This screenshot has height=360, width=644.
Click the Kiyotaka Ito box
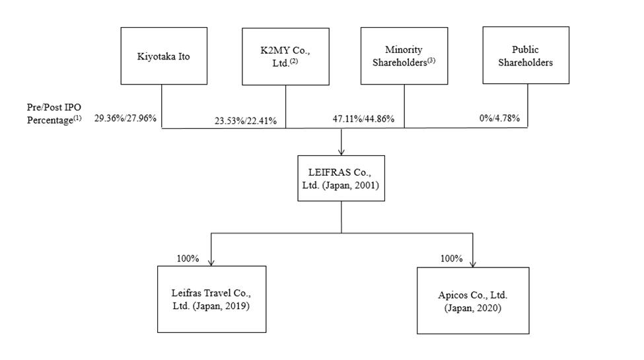tap(164, 56)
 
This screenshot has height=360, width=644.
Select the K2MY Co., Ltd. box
tap(285, 57)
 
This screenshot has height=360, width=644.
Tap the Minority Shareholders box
tap(404, 56)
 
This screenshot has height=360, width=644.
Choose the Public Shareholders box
tap(526, 55)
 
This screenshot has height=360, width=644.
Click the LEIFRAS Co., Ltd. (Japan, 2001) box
tap(341, 178)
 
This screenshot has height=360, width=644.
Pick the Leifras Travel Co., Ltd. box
tap(211, 299)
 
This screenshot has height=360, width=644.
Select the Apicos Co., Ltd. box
tap(473, 301)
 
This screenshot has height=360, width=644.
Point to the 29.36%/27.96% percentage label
tap(125, 118)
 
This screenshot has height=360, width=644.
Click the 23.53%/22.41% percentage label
tap(246, 121)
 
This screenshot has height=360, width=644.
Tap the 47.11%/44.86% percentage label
tap(363, 119)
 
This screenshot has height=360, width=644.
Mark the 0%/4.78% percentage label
tap(499, 118)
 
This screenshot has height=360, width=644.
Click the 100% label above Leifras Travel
tap(188, 258)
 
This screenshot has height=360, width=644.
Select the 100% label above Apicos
tap(451, 258)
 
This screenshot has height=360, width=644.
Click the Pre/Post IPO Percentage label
tap(54, 114)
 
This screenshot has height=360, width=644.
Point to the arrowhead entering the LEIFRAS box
tap(341, 152)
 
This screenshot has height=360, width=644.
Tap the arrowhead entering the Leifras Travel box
tap(211, 263)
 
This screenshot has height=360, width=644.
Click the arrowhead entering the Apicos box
tap(473, 264)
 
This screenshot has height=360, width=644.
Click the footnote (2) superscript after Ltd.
tap(293, 61)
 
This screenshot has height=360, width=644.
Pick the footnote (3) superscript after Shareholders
tap(431, 60)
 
